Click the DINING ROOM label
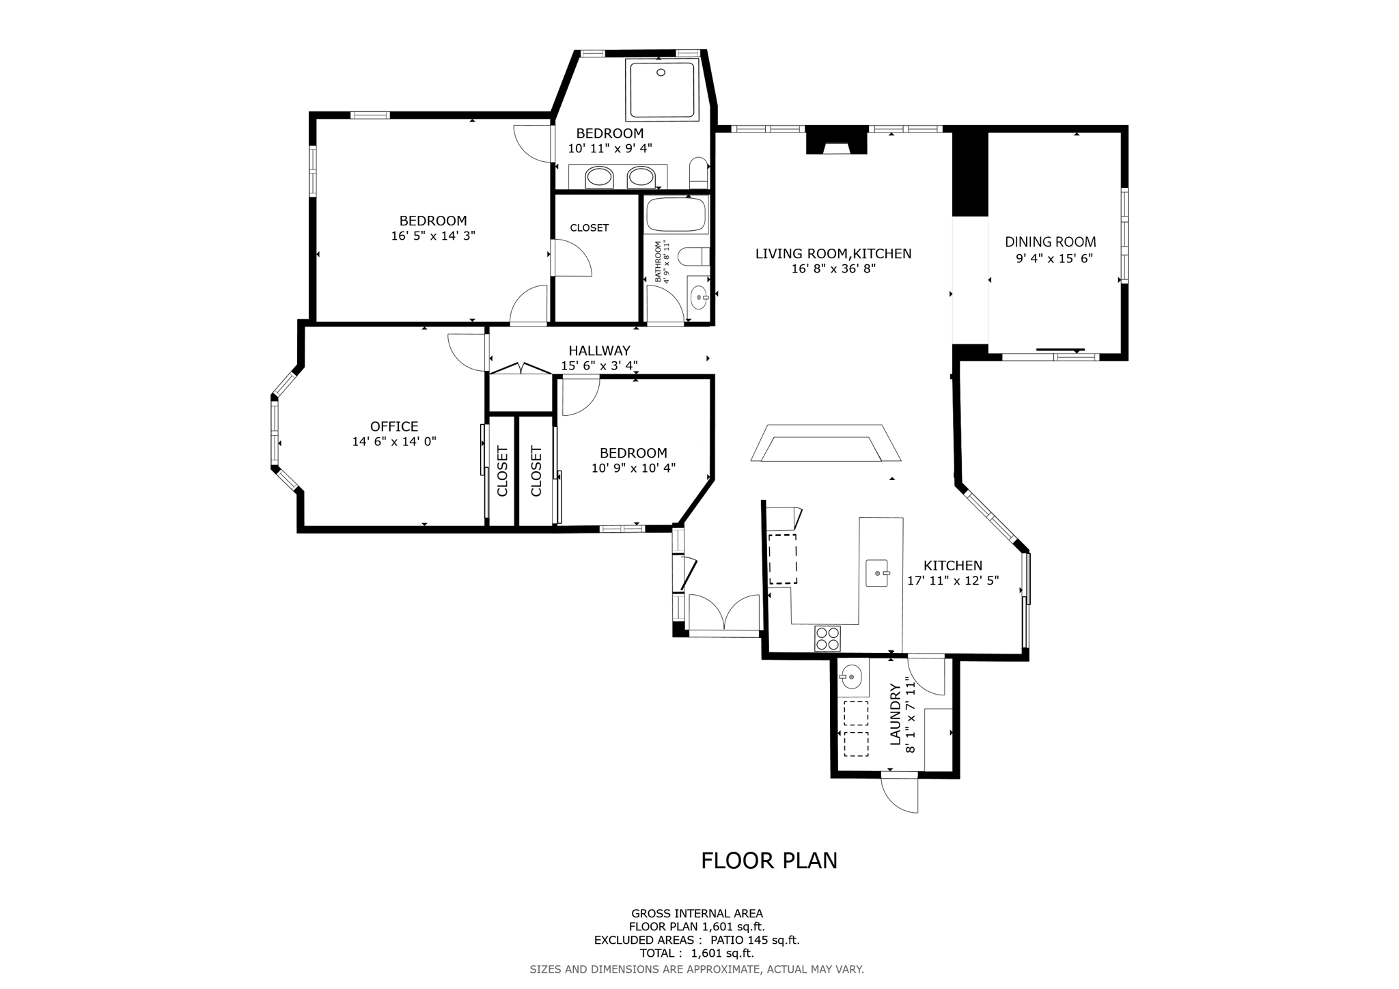(x=1050, y=242)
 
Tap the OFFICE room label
(x=394, y=426)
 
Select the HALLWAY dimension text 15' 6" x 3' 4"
(x=599, y=366)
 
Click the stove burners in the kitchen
(x=827, y=638)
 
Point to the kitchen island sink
(x=877, y=573)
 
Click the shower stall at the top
(x=662, y=90)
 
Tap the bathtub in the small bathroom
(x=677, y=214)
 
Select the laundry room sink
(x=851, y=678)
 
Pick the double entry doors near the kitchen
(x=724, y=613)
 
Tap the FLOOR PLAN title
(x=768, y=861)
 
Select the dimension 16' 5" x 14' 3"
(x=433, y=236)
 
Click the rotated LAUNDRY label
(x=896, y=714)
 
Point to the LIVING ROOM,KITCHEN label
(x=833, y=254)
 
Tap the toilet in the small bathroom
(x=694, y=257)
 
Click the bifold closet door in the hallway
(x=521, y=369)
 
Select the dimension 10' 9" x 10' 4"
(x=633, y=469)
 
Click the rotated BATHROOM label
(x=659, y=261)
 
